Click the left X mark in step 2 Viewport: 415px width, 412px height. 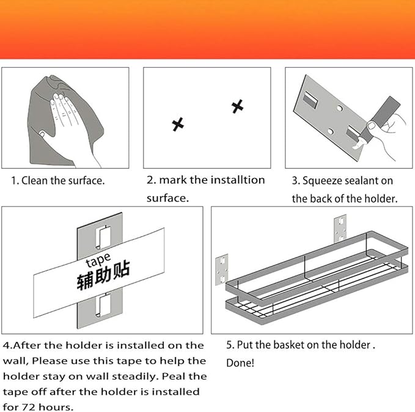[x=178, y=124]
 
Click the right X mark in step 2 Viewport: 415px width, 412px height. [x=237, y=106]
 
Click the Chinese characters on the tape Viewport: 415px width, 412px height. [x=103, y=275]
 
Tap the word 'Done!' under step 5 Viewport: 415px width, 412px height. [x=240, y=362]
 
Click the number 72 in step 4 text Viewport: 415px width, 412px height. [x=28, y=406]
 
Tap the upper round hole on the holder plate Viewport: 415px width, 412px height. [x=340, y=108]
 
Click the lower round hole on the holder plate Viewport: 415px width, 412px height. [x=330, y=131]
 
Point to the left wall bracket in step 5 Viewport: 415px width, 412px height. [x=222, y=270]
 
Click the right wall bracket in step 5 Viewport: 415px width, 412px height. [x=340, y=229]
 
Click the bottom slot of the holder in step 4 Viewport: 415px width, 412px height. [x=103, y=305]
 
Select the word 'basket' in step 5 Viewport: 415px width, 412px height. [x=289, y=345]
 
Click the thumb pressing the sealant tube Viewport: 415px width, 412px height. [x=372, y=125]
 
